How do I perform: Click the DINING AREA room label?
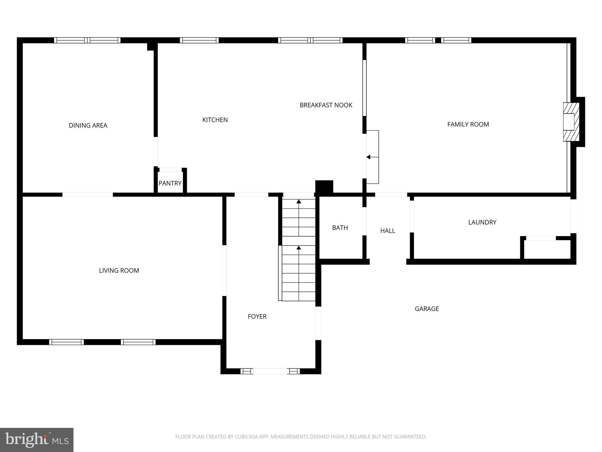[88, 126]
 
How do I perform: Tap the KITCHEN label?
[215, 120]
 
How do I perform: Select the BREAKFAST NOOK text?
[326, 105]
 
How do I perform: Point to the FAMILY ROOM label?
[468, 124]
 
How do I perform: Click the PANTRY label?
[170, 183]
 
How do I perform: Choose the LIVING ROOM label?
[119, 270]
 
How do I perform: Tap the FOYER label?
[257, 316]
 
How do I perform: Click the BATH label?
[340, 228]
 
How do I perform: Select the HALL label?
[387, 231]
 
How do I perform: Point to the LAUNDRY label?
[482, 222]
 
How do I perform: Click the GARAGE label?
[427, 309]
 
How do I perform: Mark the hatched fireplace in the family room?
[571, 122]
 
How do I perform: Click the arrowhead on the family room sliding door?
[368, 157]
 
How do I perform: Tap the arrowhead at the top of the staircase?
[299, 202]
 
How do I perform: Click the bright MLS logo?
[37, 440]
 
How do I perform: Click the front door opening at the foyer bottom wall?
[270, 371]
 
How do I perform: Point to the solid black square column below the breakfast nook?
[324, 187]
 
